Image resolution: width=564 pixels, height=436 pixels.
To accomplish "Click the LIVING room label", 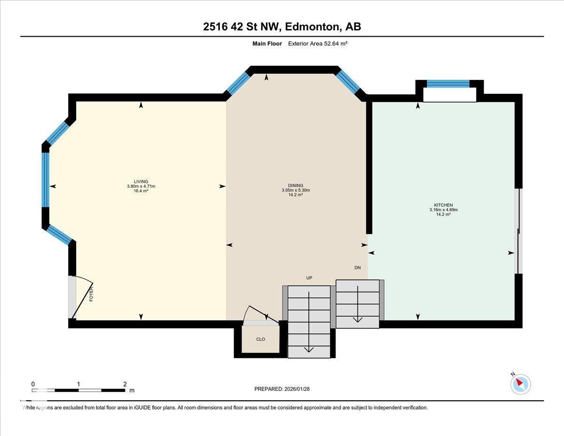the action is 141,182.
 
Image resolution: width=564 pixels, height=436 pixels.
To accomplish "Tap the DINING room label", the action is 296,185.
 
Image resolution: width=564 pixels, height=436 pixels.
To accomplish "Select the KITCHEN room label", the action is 443,205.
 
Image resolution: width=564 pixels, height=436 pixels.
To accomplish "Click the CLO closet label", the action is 260,339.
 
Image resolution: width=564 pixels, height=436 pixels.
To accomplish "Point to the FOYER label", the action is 91,294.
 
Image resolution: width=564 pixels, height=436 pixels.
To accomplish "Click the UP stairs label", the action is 309,278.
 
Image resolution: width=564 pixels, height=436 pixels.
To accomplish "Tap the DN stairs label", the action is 357,268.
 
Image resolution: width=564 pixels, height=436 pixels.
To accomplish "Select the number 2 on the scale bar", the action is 125,384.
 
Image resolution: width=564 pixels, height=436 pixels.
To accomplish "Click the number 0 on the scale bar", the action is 33,384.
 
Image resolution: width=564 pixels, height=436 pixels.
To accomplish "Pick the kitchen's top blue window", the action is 448,84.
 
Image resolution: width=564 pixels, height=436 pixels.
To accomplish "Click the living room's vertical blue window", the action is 46,180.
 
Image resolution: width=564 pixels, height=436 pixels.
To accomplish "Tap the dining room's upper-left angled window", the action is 238,83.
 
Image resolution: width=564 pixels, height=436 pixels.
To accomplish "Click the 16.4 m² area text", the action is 141,191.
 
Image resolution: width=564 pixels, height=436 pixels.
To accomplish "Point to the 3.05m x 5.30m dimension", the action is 296,190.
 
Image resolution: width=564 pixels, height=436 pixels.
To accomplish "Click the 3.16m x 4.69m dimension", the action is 443,210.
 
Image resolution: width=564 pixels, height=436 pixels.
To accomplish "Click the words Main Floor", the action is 267,44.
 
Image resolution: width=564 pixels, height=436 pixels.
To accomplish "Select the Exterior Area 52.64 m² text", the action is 318,44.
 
